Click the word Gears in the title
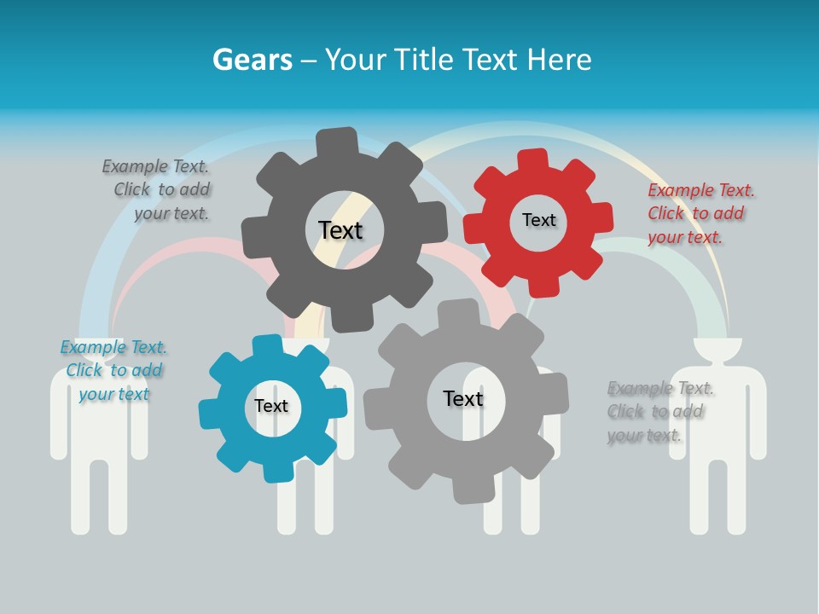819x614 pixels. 253,60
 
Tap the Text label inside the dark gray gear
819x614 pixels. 340,230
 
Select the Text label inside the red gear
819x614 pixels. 538,220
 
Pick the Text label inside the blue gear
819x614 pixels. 271,406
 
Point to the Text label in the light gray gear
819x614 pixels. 462,398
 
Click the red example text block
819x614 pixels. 700,213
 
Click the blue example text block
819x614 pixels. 113,370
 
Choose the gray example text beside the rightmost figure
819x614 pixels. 659,411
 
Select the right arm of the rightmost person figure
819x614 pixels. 758,409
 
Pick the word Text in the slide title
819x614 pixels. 491,60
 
